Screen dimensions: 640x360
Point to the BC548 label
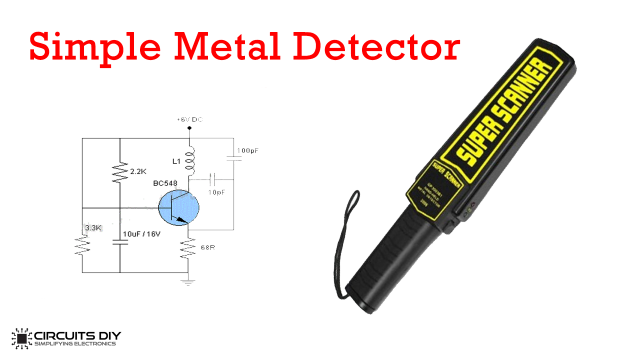click(x=168, y=182)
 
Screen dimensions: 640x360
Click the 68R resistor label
click(x=209, y=247)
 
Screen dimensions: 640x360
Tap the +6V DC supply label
click(x=190, y=120)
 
